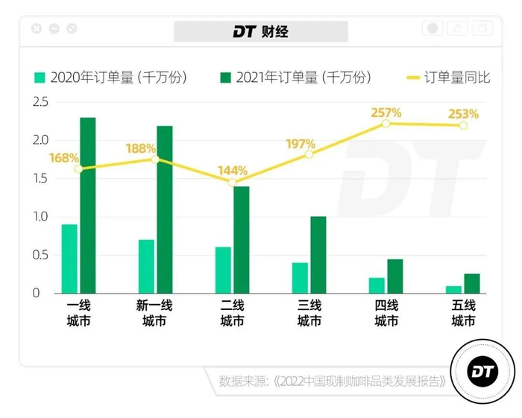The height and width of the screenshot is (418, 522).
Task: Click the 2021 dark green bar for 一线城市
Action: click(x=88, y=205)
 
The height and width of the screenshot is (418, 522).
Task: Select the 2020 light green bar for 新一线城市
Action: click(x=146, y=266)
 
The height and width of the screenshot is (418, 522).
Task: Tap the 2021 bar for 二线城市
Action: click(x=242, y=239)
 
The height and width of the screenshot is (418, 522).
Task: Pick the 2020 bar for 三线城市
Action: click(x=300, y=277)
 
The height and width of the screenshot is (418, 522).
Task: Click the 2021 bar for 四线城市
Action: click(x=395, y=276)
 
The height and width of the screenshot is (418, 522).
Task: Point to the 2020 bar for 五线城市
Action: click(x=453, y=289)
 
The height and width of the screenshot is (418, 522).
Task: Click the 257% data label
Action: click(x=386, y=113)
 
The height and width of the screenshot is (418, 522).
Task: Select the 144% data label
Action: click(x=233, y=170)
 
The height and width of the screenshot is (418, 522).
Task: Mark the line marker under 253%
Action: click(x=463, y=125)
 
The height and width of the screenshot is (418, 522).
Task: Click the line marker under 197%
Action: click(x=309, y=154)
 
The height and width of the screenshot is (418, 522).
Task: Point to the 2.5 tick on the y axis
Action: click(x=40, y=101)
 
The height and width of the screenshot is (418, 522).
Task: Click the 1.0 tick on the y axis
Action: click(x=40, y=217)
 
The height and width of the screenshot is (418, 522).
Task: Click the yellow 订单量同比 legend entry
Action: click(x=447, y=77)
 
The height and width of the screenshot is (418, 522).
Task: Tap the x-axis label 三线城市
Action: click(x=309, y=314)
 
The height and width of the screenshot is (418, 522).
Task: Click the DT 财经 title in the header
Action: click(x=260, y=31)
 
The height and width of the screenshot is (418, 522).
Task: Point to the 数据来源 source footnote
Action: click(x=333, y=381)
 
